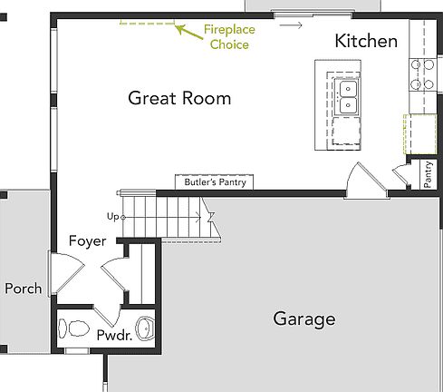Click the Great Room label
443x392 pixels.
pos(178,98)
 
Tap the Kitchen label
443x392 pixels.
pos(365,41)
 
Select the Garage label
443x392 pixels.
pos(303,319)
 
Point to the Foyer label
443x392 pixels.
pos(88,241)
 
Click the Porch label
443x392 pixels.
pos(23,289)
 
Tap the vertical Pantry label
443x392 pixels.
pos(429,174)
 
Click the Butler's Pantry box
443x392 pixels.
pos(214,182)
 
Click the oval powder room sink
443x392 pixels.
pos(145,325)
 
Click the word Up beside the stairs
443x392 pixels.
pos(112,217)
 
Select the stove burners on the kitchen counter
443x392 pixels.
pos(421,75)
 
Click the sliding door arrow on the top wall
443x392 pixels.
pos(290,24)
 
